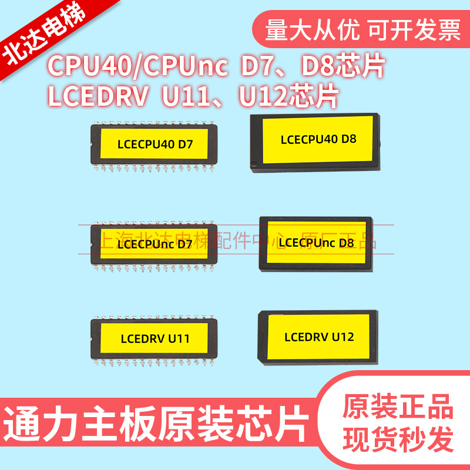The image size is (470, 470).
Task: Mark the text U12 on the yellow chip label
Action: coord(343,337)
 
